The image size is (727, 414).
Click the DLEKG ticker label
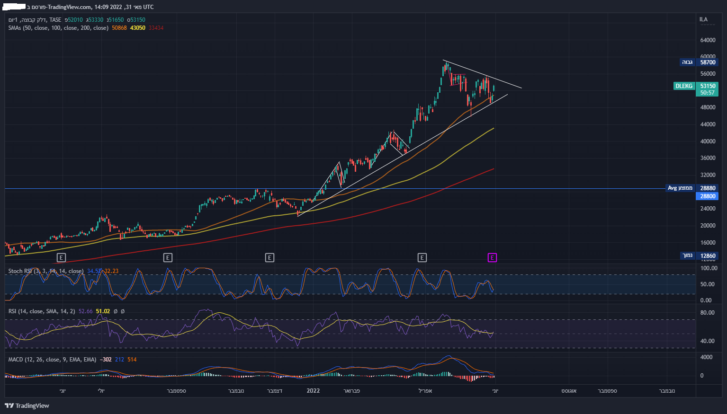[683, 86]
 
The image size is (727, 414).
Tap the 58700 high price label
[708, 62]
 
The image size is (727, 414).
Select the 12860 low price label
[708, 256]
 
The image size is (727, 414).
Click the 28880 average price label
[708, 188]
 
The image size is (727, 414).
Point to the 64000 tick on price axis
[708, 40]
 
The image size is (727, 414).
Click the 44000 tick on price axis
[708, 124]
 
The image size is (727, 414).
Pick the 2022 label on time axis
[313, 391]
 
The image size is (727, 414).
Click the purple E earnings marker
[492, 258]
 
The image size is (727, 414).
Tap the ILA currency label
[703, 19]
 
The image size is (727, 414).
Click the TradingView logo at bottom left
[27, 405]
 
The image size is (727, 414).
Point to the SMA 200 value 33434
[156, 28]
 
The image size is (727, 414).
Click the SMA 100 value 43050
[137, 28]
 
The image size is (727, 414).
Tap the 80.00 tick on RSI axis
[707, 313]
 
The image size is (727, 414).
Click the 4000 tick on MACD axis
[706, 357]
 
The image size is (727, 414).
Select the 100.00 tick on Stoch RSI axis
[709, 268]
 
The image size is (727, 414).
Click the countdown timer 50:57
[708, 93]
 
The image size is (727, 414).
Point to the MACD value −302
[107, 360]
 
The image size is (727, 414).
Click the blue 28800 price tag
[708, 196]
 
